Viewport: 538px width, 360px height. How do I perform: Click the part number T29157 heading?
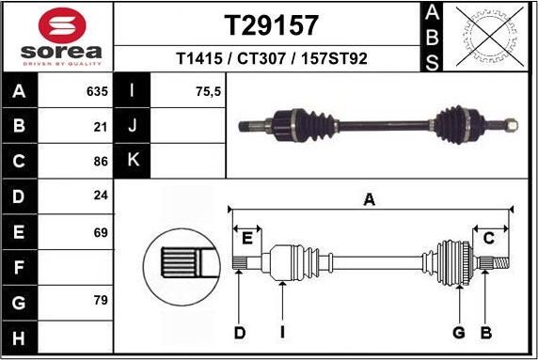[271, 24]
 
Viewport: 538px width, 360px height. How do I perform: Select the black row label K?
[133, 161]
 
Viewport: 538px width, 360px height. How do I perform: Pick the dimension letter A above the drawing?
[370, 198]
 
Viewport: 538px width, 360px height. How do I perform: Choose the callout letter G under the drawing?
[459, 332]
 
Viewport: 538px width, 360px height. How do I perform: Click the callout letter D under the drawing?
[240, 332]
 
